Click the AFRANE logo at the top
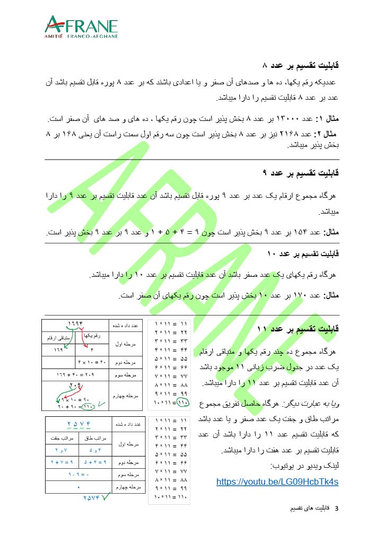coord(81,27)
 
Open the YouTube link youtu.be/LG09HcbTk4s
coord(277,482)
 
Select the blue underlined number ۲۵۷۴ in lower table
coord(80,423)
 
